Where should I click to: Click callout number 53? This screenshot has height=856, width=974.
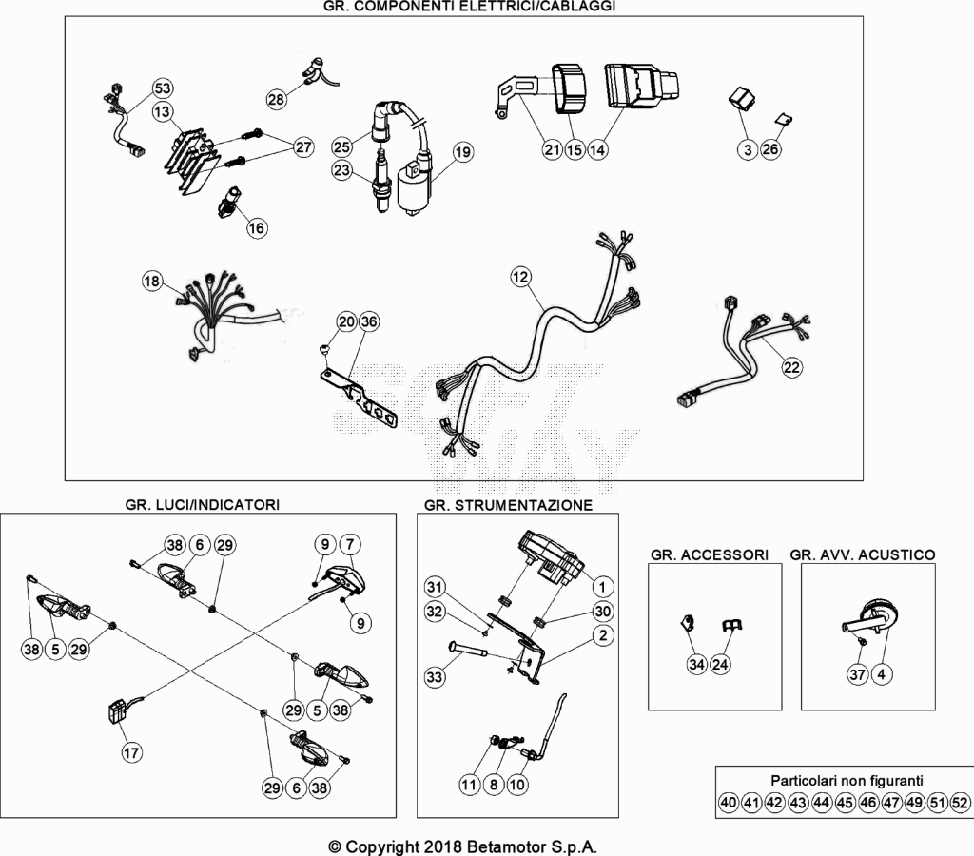coord(162,88)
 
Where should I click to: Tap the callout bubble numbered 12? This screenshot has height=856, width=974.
coord(520,277)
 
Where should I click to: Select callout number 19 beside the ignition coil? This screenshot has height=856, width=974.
coord(463,151)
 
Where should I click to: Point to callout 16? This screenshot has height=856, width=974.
coord(257,228)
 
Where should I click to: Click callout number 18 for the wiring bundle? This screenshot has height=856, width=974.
coord(151,281)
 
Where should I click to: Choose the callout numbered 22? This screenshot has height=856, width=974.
coord(791,367)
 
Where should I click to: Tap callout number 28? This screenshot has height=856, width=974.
coord(277,99)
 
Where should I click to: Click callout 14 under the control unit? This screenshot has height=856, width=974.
coord(597,149)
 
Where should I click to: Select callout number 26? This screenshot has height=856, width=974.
coord(770,149)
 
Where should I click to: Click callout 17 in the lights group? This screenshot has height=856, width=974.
coord(131,753)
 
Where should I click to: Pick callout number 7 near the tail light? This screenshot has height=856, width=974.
coord(350,545)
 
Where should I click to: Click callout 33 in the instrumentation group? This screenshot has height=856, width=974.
coord(434,676)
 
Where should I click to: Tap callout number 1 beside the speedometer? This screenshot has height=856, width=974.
coord(602,587)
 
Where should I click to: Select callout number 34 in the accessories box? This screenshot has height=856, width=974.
coord(696,665)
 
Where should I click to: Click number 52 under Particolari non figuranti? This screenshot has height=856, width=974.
coord(960,803)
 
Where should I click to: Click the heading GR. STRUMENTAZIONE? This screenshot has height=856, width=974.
coord(508,505)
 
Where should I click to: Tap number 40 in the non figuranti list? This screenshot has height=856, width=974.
coord(728,803)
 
